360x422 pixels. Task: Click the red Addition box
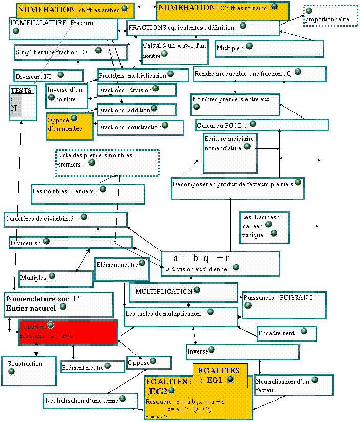click(68, 332)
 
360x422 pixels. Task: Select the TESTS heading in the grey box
click(21, 90)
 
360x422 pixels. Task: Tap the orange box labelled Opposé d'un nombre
click(69, 126)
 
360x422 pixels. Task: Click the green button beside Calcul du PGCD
click(253, 124)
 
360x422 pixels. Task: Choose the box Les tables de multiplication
click(181, 317)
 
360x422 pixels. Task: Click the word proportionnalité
click(327, 19)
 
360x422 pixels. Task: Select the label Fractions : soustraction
click(130, 127)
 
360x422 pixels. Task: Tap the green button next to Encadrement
click(304, 332)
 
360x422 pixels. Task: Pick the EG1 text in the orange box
click(214, 380)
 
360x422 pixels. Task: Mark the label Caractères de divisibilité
click(39, 219)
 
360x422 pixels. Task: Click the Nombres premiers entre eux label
click(231, 99)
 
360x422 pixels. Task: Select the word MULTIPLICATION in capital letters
click(164, 292)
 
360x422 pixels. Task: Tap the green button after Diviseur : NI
click(60, 75)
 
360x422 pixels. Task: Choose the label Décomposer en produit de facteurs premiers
click(233, 184)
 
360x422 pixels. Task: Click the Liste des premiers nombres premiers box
click(107, 162)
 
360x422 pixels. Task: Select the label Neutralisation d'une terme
click(81, 401)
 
